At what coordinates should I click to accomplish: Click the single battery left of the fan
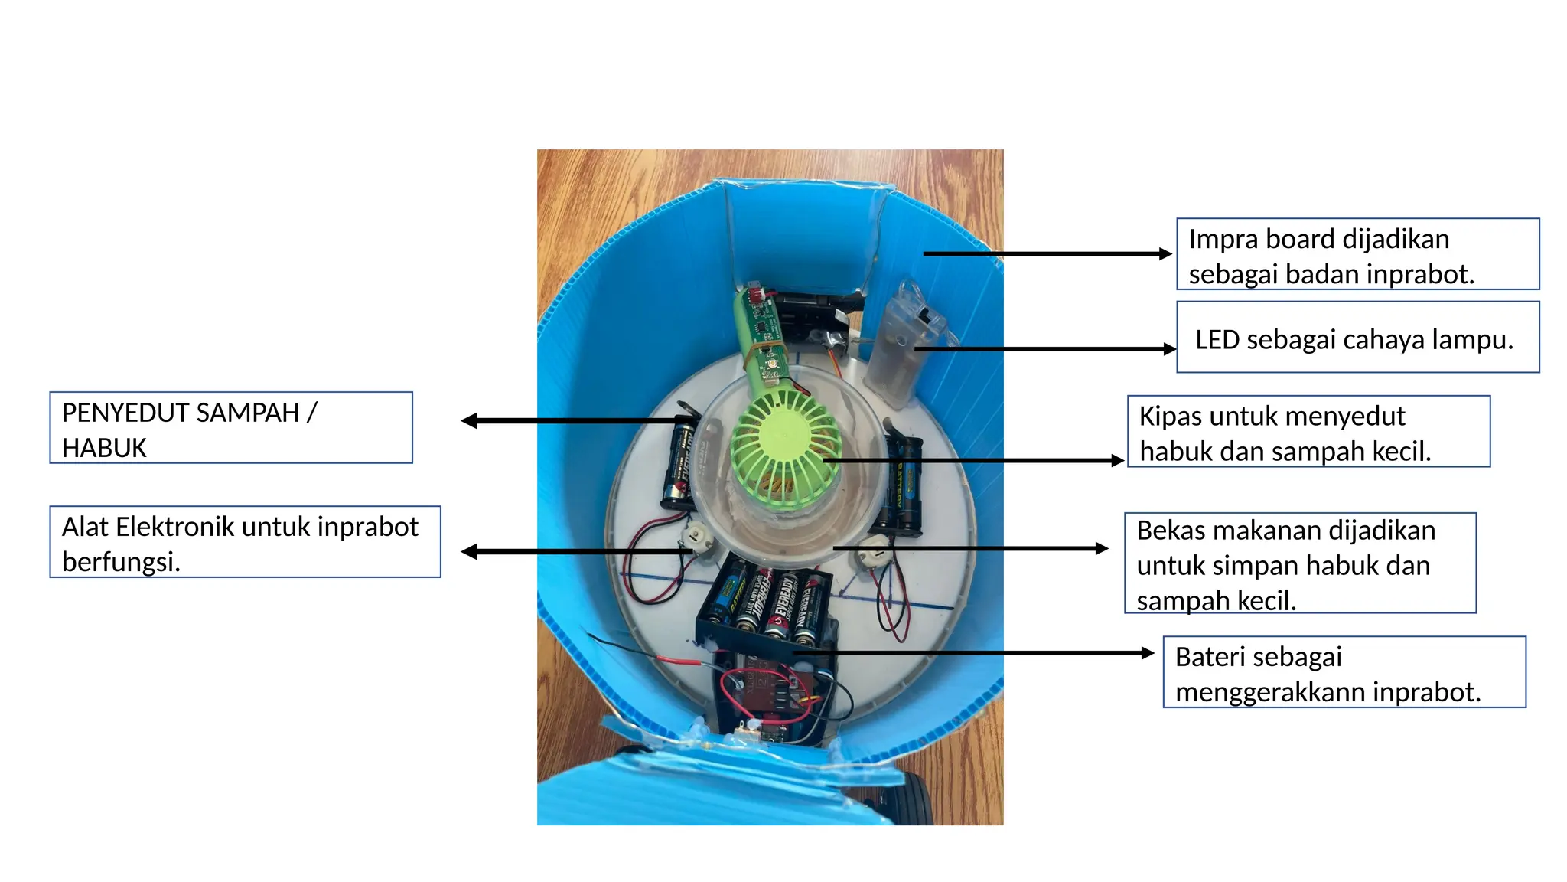(678, 464)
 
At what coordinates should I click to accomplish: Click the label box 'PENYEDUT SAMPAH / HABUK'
(231, 428)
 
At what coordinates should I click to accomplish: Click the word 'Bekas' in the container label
(1171, 531)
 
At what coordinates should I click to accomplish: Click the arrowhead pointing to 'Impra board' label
(1165, 254)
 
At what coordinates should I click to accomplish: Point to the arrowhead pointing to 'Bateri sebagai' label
(1147, 653)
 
